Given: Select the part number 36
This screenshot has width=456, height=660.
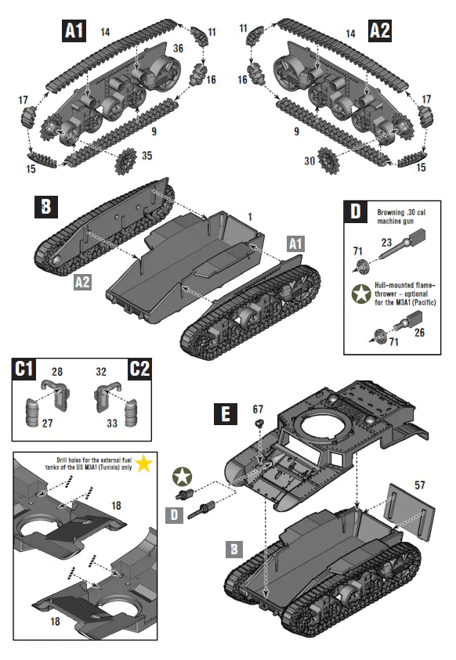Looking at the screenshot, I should pos(178,48).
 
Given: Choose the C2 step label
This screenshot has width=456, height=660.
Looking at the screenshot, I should pos(138,369).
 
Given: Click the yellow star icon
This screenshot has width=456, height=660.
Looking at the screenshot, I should pos(143,464).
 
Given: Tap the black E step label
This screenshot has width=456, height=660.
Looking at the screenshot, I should pos(226,413).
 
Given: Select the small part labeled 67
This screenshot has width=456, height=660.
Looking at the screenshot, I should pos(258,422).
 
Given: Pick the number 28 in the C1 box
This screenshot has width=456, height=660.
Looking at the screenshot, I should pos(56,370).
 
